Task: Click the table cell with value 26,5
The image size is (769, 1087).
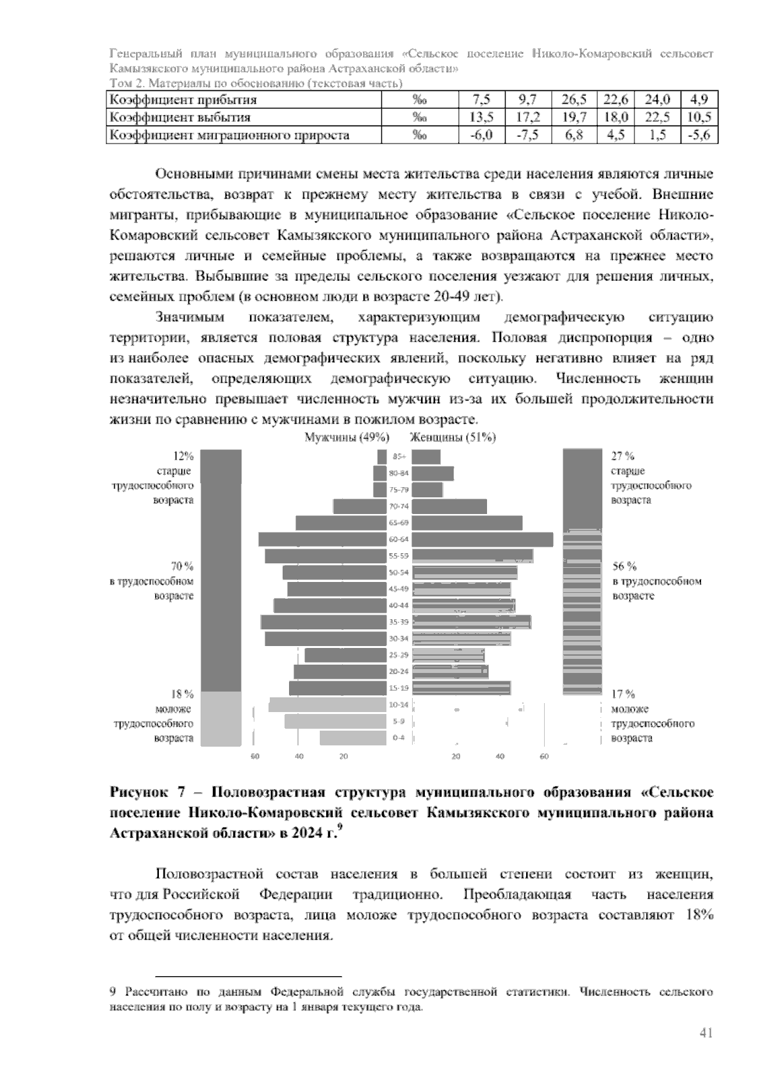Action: pos(574,99)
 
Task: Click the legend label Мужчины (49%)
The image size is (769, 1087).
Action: pos(347,437)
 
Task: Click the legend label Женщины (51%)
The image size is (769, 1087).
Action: pos(453,437)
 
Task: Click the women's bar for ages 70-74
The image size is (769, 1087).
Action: pos(449,506)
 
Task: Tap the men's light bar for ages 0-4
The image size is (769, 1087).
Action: pos(353,738)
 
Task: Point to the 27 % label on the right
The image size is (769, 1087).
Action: pos(624,456)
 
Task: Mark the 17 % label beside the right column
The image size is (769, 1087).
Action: pos(624,694)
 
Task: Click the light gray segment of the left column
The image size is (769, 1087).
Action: pos(220,718)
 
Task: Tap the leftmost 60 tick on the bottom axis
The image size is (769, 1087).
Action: pos(254,757)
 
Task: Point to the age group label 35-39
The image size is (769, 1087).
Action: pos(399,622)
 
